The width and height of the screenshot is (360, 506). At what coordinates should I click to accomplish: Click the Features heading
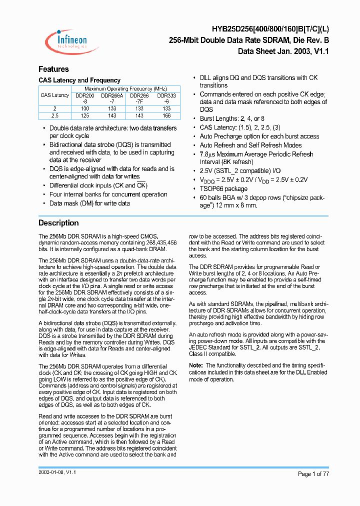(x=53, y=69)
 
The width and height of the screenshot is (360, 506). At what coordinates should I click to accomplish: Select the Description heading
(x=58, y=223)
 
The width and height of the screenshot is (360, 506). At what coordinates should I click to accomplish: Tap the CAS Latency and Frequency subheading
(x=79, y=80)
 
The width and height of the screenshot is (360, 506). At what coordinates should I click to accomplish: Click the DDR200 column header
(x=84, y=95)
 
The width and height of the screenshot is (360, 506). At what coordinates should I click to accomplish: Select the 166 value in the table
(x=166, y=115)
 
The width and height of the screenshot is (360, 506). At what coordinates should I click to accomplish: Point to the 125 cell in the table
(x=84, y=115)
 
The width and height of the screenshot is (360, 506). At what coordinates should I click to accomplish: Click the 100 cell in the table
(x=84, y=108)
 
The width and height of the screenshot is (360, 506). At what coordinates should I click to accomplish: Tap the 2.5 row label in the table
(x=55, y=115)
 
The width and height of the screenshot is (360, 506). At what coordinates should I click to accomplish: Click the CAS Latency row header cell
(x=55, y=95)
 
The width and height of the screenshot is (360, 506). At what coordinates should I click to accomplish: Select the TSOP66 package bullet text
(x=223, y=188)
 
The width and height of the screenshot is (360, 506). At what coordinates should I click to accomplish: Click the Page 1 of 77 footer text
(x=313, y=473)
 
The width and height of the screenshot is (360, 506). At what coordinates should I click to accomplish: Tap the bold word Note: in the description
(x=196, y=365)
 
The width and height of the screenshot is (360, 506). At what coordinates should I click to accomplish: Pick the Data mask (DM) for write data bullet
(x=89, y=203)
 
